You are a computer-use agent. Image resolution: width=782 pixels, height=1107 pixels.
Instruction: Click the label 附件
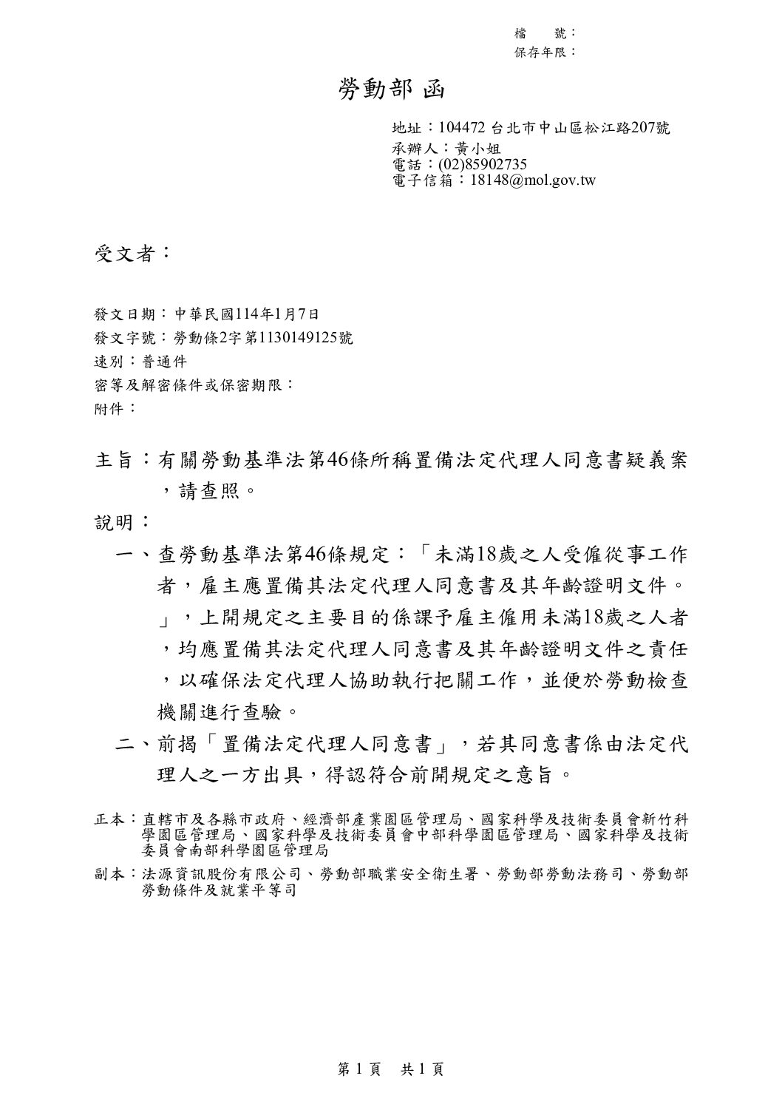tap(111, 407)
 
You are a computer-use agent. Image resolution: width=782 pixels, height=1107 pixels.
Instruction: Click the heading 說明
tap(115, 524)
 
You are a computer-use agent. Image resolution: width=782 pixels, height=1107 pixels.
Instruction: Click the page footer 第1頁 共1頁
tap(390, 1069)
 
